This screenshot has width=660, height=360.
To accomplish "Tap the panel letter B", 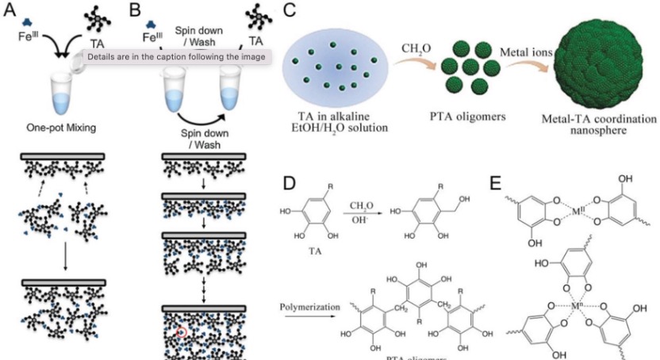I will pos(135,11).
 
